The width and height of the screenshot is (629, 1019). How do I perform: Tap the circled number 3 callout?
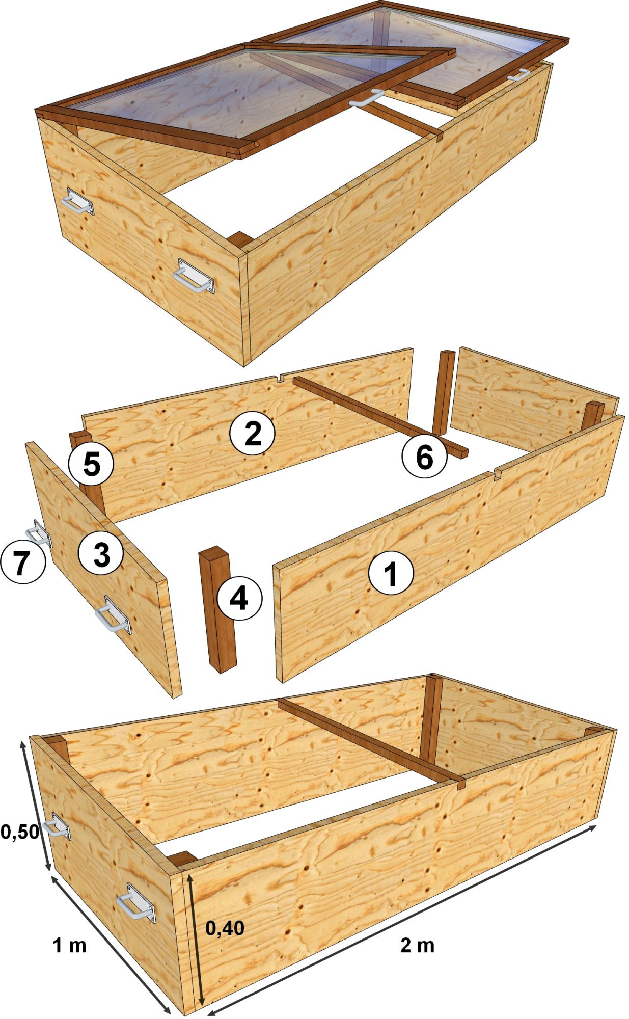pyautogui.click(x=101, y=553)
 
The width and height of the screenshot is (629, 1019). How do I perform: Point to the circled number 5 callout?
pyautogui.click(x=91, y=464)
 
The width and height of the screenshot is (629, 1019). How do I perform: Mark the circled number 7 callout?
pyautogui.click(x=22, y=564)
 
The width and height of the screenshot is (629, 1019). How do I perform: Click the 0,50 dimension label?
pyautogui.click(x=19, y=832)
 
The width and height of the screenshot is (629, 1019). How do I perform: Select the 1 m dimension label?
pyautogui.click(x=70, y=945)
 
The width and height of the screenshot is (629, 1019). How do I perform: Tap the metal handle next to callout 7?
pyautogui.click(x=38, y=532)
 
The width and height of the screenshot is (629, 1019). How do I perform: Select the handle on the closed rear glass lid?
pyautogui.click(x=518, y=74)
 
